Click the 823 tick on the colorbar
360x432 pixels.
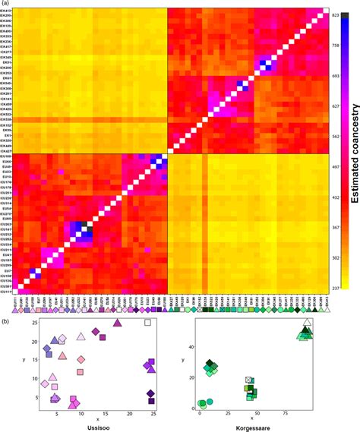(336, 15)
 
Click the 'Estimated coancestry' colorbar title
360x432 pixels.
(353, 152)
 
